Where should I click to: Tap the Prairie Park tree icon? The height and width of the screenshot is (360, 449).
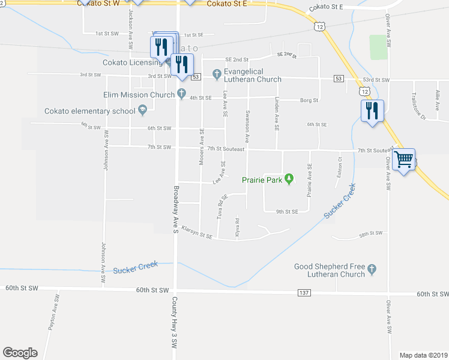tap(289, 179)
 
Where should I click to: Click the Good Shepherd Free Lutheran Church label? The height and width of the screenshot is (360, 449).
tap(330, 270)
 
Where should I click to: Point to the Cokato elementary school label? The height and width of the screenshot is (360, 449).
tap(89, 111)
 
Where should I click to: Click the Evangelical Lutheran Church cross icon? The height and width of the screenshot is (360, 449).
tap(217, 74)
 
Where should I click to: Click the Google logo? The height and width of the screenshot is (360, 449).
tap(20, 352)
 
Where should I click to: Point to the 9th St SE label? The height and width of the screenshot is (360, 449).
tap(287, 212)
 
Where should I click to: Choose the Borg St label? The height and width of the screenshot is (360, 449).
tap(310, 100)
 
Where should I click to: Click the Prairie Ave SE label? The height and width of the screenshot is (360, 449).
tap(310, 179)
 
